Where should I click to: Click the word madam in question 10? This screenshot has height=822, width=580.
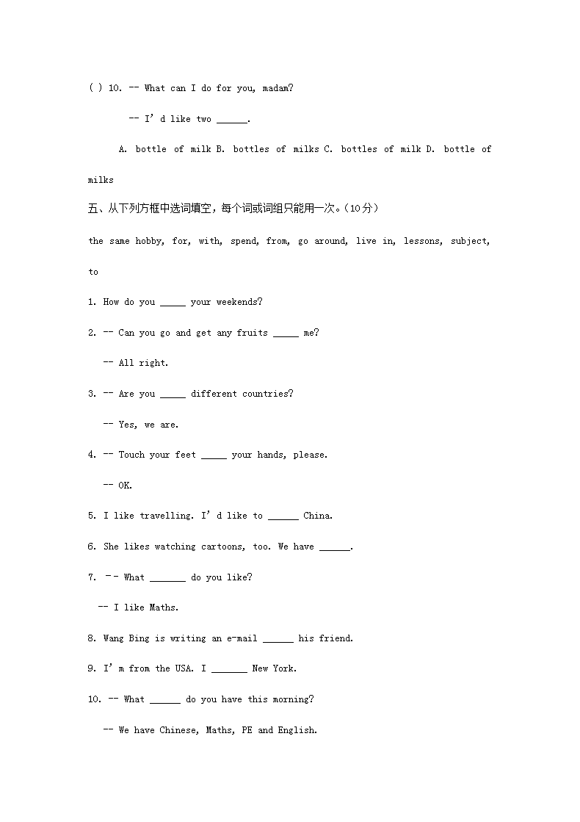pos(276,88)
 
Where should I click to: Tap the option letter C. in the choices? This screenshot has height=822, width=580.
pos(328,149)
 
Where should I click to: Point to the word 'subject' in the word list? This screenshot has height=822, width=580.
pos(469,241)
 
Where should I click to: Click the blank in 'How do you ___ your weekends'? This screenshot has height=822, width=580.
pos(173,303)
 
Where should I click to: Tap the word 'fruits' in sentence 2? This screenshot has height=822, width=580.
pos(252,333)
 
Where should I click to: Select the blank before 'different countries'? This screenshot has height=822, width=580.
pos(173,394)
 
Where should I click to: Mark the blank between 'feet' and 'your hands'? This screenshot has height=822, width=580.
pos(214,455)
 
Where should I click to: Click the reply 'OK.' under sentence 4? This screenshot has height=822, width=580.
pos(125,486)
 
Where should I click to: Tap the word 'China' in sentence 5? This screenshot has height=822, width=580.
pos(317,516)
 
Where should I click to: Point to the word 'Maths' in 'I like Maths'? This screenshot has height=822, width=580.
pos(163,608)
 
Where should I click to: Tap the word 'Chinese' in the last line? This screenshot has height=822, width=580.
pos(178,730)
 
